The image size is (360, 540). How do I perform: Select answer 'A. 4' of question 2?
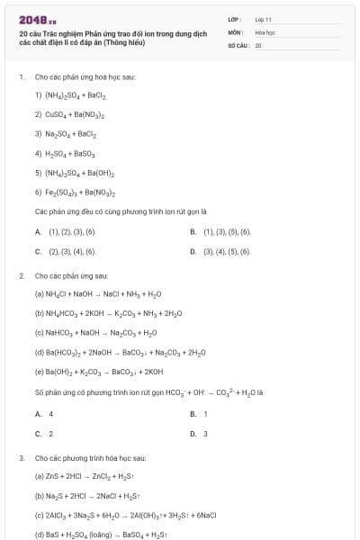coord(44,413)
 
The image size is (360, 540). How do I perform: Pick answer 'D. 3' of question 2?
coord(199,433)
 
